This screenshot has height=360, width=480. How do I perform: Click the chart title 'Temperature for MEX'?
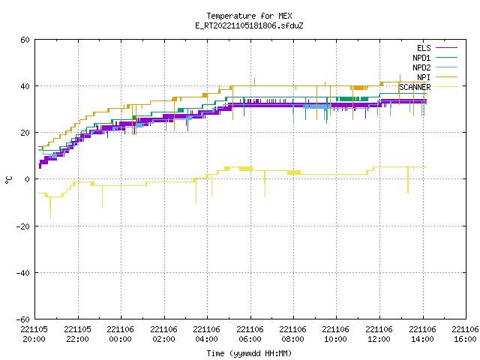pos(249,16)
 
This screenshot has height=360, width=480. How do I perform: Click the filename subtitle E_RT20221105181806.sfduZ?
pos(249,25)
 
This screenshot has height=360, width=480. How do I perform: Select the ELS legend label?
pos(424,48)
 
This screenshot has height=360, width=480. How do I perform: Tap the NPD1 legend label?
pos(421,58)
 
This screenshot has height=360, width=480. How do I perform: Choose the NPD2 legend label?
pos(421,67)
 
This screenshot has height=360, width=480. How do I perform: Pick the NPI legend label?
pos(424,77)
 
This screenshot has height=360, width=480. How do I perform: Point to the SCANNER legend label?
pos(415,87)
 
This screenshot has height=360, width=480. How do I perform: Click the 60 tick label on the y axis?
pos(25,40)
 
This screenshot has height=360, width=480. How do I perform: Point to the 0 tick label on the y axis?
pos(28,179)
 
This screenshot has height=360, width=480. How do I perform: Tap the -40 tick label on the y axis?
pos(23,273)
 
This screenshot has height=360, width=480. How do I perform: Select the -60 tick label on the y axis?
pos(23,319)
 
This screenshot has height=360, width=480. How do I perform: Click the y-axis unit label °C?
pos(9,180)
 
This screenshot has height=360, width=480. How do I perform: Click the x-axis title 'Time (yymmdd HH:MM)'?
pos(249,353)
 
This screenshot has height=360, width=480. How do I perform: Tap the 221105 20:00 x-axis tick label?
pos(34,334)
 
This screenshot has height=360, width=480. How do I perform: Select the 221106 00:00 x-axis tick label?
pos(120,334)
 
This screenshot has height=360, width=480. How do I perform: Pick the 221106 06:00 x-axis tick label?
pos(250,334)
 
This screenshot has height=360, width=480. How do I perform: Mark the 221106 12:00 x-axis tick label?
pos(379,334)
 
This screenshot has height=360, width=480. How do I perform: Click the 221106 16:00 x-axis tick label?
pos(465,334)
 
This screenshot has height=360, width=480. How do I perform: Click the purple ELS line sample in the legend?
pos(446,48)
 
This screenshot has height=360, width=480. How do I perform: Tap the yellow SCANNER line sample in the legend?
pos(446,87)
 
